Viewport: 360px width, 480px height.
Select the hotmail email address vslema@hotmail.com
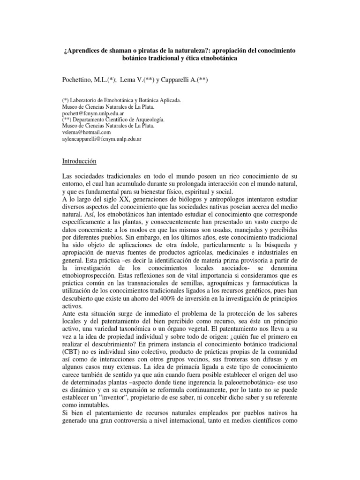pyautogui.click(x=86, y=133)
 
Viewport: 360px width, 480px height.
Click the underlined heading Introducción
pyautogui.click(x=79, y=161)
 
